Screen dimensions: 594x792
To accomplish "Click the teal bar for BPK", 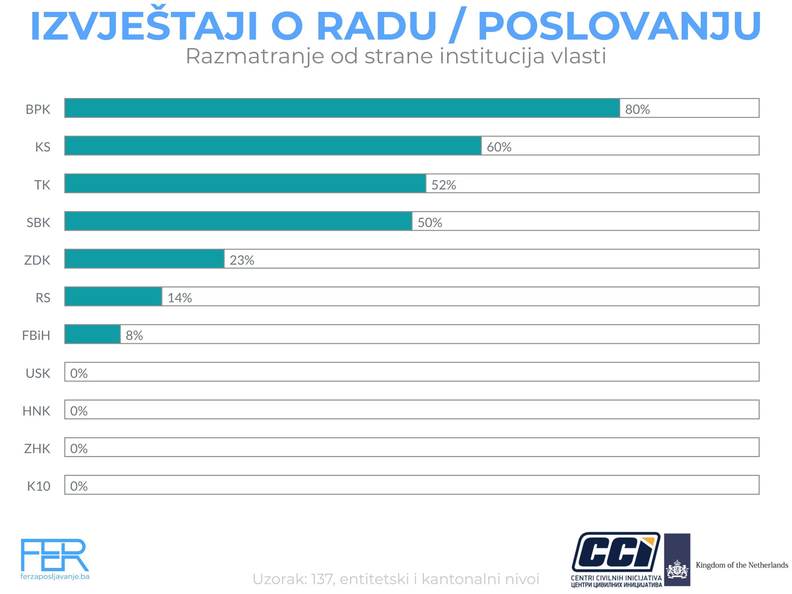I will (x=342, y=108).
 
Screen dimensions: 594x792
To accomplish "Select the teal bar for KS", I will (x=273, y=146).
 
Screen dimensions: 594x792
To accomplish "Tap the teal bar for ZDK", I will (x=144, y=258).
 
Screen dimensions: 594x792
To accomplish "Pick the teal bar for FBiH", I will (x=92, y=334).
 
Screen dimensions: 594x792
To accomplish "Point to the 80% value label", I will (x=637, y=110).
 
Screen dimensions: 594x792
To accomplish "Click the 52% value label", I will (x=444, y=185).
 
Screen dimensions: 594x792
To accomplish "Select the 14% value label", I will (x=180, y=298).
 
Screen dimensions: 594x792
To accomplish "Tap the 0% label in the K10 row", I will (x=79, y=486).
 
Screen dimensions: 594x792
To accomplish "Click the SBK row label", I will (x=38, y=223).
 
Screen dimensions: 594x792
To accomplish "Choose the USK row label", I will (x=38, y=374).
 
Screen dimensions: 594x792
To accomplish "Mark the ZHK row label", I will (x=37, y=448).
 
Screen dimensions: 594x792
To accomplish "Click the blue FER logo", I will (x=54, y=555).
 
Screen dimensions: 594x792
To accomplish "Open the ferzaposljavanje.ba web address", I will (x=55, y=577).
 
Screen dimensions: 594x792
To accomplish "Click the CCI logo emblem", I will (x=616, y=552).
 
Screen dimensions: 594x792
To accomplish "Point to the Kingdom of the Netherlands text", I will (x=742, y=565).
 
